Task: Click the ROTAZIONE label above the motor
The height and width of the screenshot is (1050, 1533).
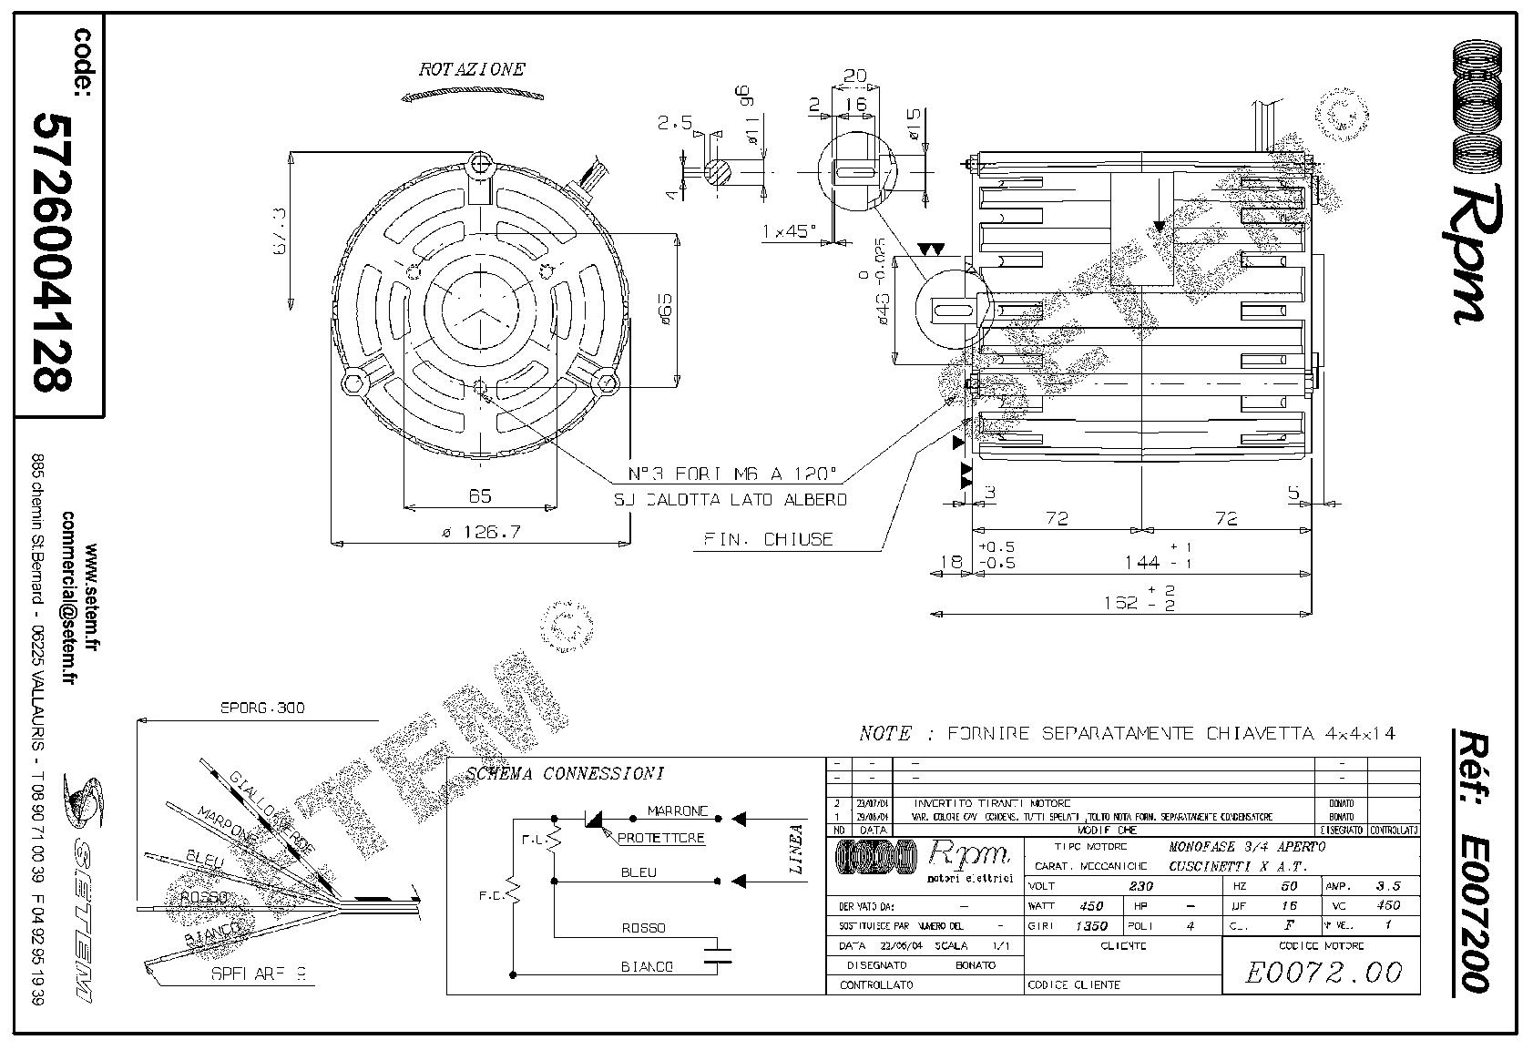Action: (x=471, y=69)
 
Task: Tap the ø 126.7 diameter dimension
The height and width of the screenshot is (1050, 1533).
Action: (x=481, y=532)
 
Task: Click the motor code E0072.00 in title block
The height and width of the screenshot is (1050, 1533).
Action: (x=1323, y=972)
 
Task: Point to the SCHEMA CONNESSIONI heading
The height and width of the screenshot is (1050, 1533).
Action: (x=565, y=774)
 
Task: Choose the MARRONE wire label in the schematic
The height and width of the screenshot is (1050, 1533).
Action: (x=678, y=810)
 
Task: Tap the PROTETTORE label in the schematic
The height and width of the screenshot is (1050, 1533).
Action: (x=660, y=838)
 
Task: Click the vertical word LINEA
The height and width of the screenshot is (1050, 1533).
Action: (x=796, y=849)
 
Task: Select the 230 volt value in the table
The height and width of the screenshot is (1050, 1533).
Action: (x=1140, y=885)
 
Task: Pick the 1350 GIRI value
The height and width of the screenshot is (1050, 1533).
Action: (x=1090, y=925)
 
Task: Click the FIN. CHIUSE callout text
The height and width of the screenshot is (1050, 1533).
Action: (x=768, y=539)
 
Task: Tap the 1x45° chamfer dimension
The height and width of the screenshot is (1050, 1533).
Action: (x=789, y=232)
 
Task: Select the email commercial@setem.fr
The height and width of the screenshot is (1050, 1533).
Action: (x=67, y=596)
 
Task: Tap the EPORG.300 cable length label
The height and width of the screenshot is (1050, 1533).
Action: (x=263, y=708)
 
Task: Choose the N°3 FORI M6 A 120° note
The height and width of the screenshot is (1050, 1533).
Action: (x=732, y=474)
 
